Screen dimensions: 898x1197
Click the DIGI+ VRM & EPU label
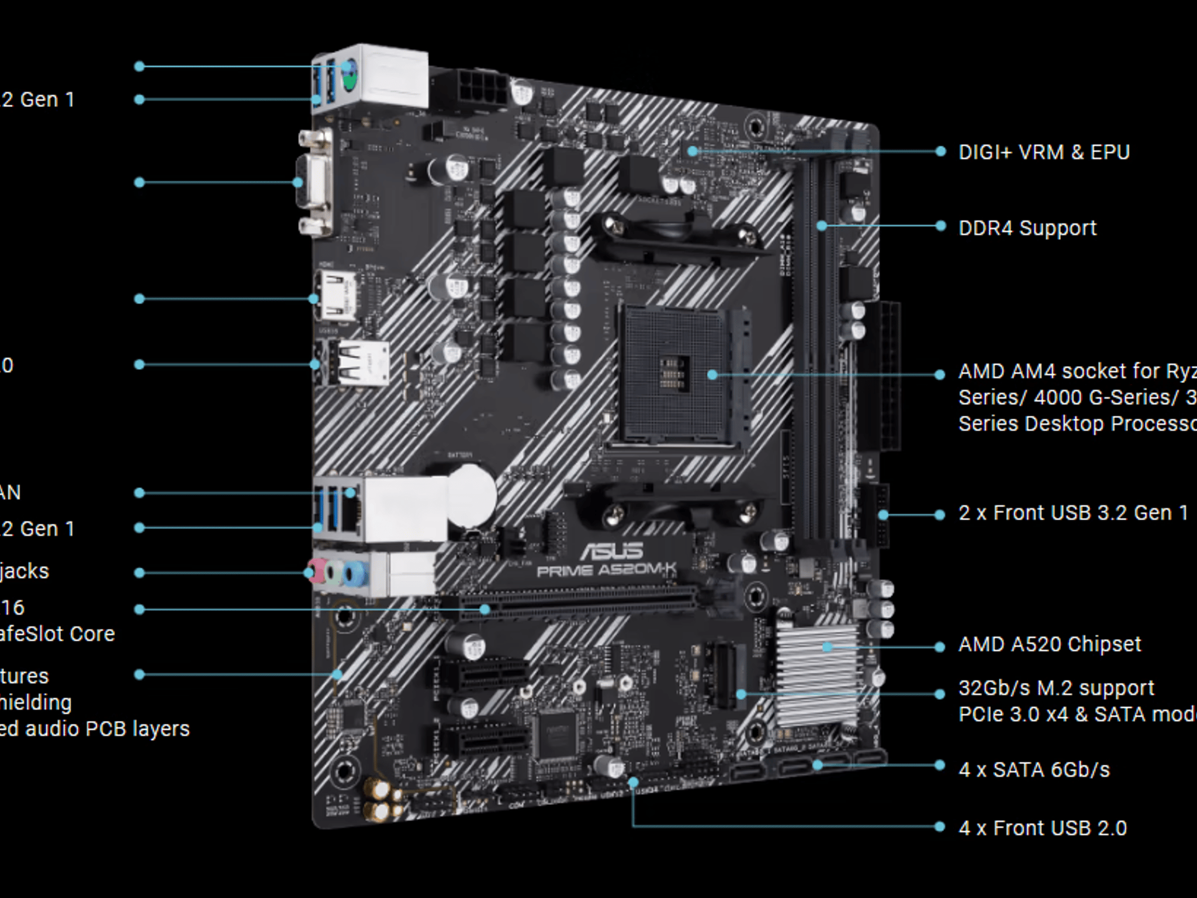pos(1044,152)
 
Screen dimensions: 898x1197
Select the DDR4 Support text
pos(1027,228)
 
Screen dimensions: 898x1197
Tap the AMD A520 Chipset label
pos(1049,644)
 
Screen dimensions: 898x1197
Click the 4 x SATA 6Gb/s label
pos(1033,770)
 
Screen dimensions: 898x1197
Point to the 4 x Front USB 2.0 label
pos(1042,828)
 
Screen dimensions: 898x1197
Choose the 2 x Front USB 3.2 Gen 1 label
pos(1073,513)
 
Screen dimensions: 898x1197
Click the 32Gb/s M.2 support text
pos(1056,688)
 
